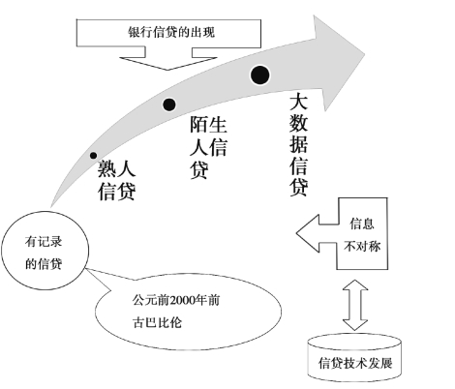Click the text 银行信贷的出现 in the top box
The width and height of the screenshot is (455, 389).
point(171,32)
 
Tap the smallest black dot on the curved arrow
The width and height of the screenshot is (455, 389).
point(93,156)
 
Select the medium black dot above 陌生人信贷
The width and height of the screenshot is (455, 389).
point(169,105)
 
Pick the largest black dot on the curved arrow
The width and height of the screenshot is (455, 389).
point(259,75)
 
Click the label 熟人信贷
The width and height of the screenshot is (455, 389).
point(116,180)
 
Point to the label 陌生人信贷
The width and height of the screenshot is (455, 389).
point(208,147)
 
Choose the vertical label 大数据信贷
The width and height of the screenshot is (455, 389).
point(298,144)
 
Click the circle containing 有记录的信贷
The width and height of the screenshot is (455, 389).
point(45,251)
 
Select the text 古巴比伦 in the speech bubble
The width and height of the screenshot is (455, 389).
point(157,322)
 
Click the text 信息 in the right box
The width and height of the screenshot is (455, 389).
point(362,224)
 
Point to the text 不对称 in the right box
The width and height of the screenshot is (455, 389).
point(362,247)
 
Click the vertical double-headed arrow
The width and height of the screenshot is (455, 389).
point(355,305)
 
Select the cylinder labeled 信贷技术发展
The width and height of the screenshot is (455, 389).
point(354,357)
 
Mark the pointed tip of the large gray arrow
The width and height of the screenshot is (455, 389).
point(365,55)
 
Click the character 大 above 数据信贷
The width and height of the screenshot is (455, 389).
point(298,102)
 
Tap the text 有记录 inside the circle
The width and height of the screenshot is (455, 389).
point(44,242)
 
